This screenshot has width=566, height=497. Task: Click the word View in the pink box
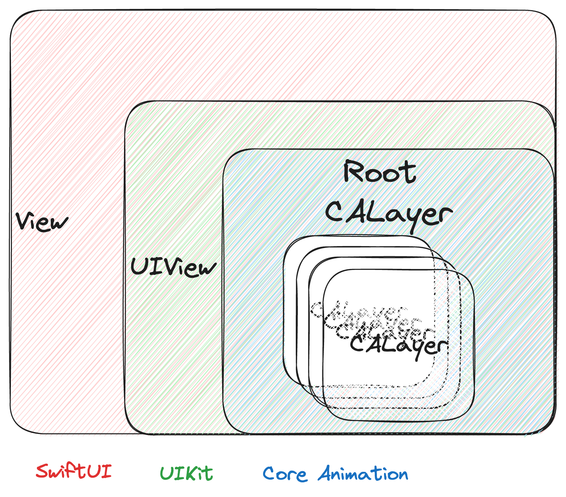[x=42, y=222]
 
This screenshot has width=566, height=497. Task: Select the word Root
[x=379, y=172]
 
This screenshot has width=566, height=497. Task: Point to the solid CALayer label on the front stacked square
[x=398, y=346]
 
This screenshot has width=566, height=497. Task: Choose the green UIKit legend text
[x=186, y=473]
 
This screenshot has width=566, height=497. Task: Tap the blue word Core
[x=285, y=474]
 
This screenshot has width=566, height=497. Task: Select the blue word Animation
[x=363, y=474]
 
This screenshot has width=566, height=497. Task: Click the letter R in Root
[x=353, y=172]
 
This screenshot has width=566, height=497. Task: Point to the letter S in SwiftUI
[x=43, y=472]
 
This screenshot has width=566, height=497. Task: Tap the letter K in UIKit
[x=189, y=473]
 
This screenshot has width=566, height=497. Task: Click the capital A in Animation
[x=326, y=473]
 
